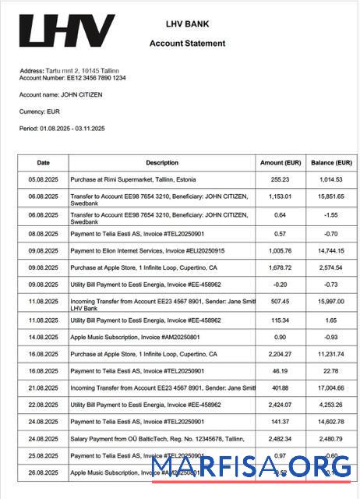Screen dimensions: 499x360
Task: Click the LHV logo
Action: (66, 31)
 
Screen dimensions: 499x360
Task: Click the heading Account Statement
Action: (187, 44)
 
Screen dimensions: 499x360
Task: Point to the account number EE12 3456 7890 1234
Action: (72, 78)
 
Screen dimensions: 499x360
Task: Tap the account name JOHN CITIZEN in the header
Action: (61, 95)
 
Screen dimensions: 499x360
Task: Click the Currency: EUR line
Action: (39, 111)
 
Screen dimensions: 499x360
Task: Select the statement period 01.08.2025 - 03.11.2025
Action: (62, 128)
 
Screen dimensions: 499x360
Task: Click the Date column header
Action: (44, 163)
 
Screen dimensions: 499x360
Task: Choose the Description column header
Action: (162, 163)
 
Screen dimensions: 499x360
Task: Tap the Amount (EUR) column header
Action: (281, 163)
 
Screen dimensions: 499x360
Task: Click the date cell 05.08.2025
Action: (44, 179)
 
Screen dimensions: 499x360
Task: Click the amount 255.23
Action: (281, 179)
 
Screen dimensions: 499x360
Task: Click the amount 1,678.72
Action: (281, 267)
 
